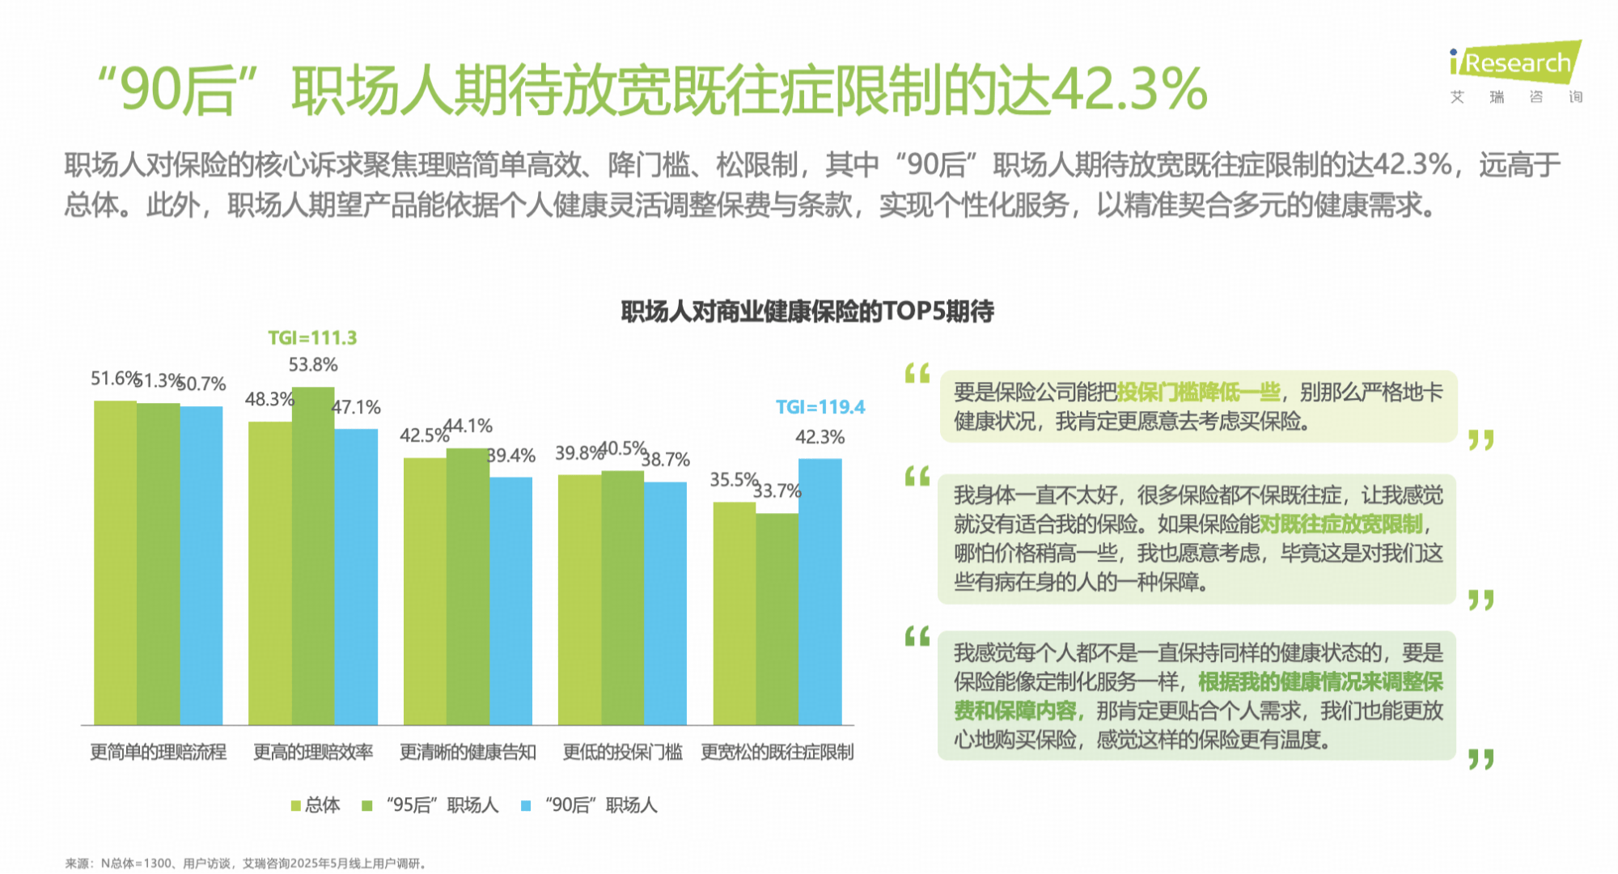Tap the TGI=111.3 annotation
pyautogui.click(x=312, y=337)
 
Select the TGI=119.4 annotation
pyautogui.click(x=820, y=407)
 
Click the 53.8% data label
pyautogui.click(x=313, y=365)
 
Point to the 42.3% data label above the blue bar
pyautogui.click(x=820, y=438)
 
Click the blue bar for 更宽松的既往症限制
pyautogui.click(x=820, y=591)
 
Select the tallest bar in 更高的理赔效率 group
pyautogui.click(x=313, y=558)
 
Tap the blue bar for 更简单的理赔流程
pyautogui.click(x=201, y=566)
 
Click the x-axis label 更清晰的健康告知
pyautogui.click(x=468, y=753)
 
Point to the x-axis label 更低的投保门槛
pyautogui.click(x=622, y=753)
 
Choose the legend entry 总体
pyautogui.click(x=316, y=805)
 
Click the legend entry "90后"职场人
pyautogui.click(x=591, y=805)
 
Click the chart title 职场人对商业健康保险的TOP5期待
pyautogui.click(x=807, y=312)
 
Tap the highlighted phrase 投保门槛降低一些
pyautogui.click(x=1198, y=392)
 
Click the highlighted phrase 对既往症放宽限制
pyautogui.click(x=1341, y=524)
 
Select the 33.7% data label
pyautogui.click(x=777, y=491)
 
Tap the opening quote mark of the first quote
pyautogui.click(x=917, y=374)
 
